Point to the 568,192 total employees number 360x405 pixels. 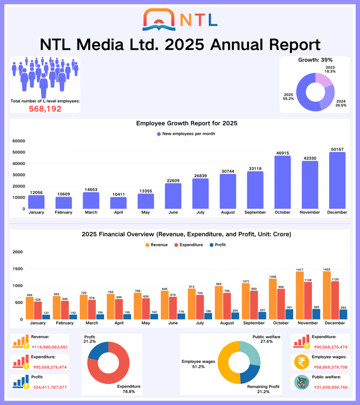[x=45, y=108]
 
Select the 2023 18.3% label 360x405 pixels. [x=330, y=69]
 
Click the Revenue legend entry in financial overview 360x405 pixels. [x=159, y=245]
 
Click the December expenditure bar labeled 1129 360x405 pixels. [x=343, y=301]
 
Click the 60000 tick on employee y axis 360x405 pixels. [x=18, y=141]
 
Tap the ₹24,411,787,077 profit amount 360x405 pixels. [x=50, y=387]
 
